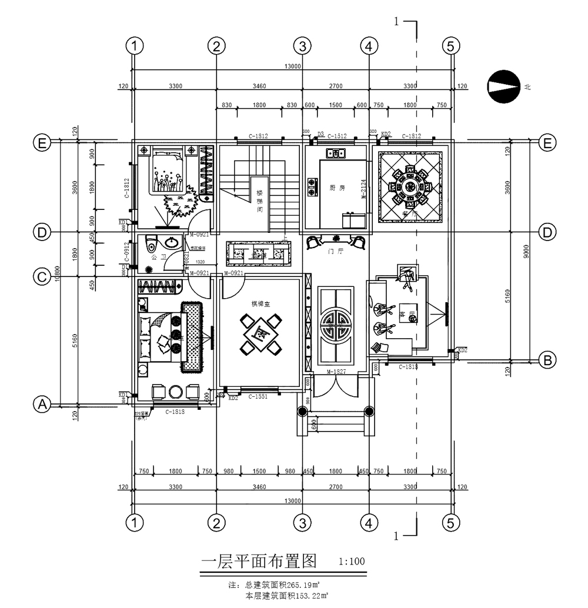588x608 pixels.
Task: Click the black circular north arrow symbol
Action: click(503, 86)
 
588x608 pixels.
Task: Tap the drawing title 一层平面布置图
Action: click(259, 561)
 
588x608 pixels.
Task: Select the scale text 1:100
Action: click(352, 561)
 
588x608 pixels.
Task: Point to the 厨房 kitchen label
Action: click(337, 188)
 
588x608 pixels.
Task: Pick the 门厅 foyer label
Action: click(336, 251)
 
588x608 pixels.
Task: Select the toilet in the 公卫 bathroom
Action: click(151, 243)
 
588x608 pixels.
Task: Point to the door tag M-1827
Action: click(337, 372)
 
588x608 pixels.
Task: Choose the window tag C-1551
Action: click(258, 397)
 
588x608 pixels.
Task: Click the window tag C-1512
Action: click(337, 136)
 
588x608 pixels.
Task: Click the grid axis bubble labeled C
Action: click(42, 276)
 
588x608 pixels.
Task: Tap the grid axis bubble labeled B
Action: click(546, 360)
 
